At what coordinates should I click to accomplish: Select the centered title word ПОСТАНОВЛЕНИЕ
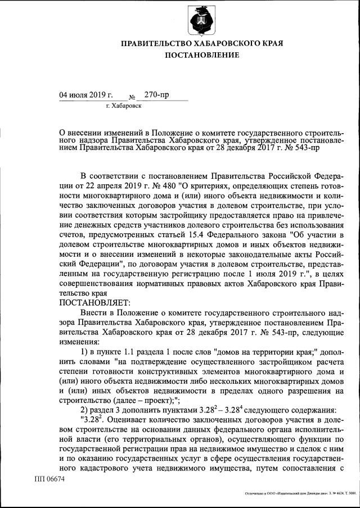click(202, 55)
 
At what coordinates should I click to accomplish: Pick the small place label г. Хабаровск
click(123, 106)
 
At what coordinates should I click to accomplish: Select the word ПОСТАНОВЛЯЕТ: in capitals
click(94, 302)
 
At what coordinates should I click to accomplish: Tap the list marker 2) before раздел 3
click(84, 409)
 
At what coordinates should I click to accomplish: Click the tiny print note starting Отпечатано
click(300, 493)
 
